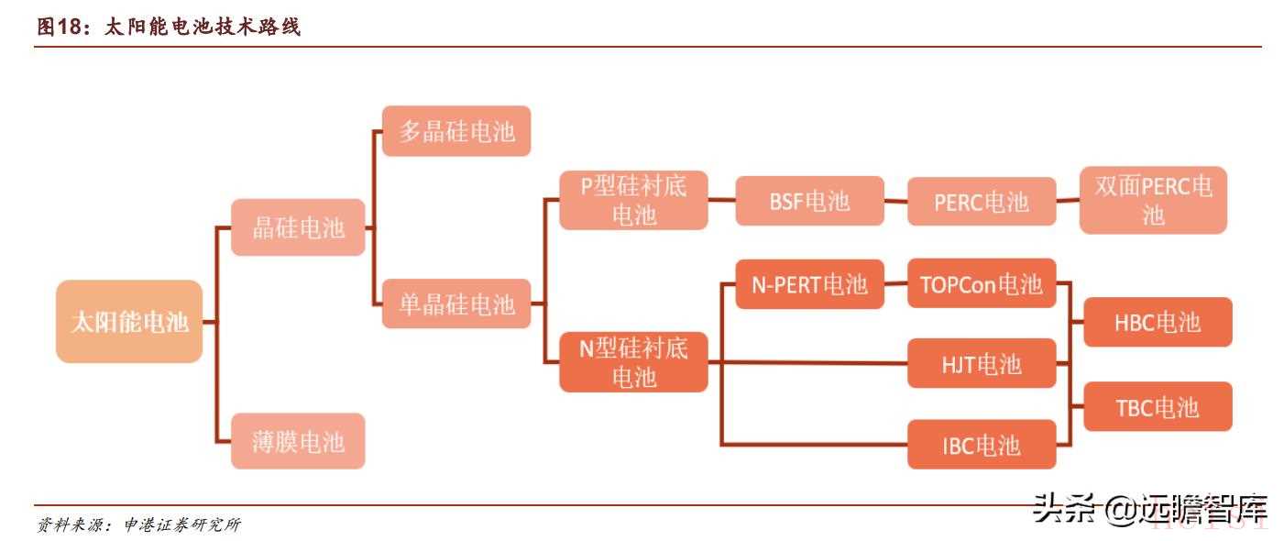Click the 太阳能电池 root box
[129, 322]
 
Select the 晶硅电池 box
[298, 227]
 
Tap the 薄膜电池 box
[298, 441]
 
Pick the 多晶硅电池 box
[456, 131]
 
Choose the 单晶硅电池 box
[456, 304]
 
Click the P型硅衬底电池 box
[633, 201]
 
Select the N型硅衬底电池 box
[633, 362]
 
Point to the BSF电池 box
[809, 201]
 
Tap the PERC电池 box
[982, 202]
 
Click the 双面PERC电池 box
[1153, 200]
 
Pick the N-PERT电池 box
[809, 284]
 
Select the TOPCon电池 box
[982, 284]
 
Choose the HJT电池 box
[982, 364]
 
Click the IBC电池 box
[982, 446]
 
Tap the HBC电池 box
[1158, 322]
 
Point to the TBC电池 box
[1158, 407]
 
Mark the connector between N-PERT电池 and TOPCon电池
[895, 284]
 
